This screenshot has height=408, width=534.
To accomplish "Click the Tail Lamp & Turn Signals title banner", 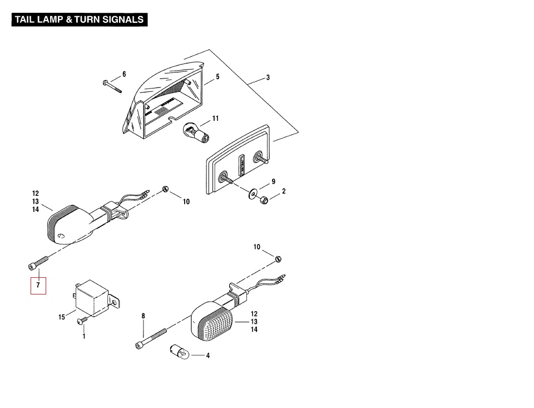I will click(x=80, y=19).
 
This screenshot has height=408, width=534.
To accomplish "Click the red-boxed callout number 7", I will click(x=38, y=285).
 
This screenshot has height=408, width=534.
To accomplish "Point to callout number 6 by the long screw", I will click(x=124, y=74).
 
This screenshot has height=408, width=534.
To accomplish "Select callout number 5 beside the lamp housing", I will click(x=217, y=77).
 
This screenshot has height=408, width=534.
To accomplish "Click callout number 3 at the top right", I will click(x=268, y=77).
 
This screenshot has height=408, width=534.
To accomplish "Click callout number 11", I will click(x=215, y=119).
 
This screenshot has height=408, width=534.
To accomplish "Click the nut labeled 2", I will click(x=265, y=199).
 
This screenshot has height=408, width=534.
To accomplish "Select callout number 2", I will click(x=284, y=191).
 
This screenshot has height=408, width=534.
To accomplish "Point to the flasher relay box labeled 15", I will click(x=93, y=299).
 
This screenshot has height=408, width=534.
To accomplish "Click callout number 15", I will click(x=62, y=317).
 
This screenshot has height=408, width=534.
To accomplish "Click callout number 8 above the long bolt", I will click(x=143, y=316).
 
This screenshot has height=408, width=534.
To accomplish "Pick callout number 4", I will click(x=207, y=356).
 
